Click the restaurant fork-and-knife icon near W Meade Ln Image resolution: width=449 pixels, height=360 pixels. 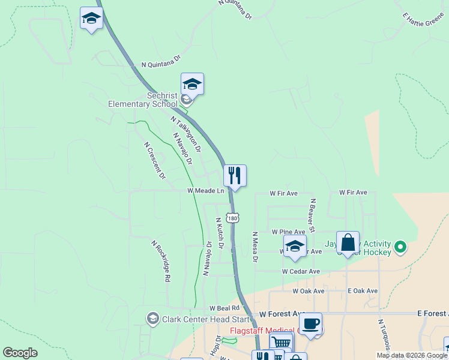coord(235,176)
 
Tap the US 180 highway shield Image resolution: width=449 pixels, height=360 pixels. coord(232,217)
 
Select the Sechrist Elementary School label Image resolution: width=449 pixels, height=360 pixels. coord(143,100)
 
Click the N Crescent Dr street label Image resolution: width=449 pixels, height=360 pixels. coord(154,160)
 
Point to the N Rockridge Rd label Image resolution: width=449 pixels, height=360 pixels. coord(161,262)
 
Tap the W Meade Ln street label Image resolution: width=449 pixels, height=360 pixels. coord(205,191)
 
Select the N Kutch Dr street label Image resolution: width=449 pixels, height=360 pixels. coord(220,233)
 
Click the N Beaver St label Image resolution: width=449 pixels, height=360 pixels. coord(312,214)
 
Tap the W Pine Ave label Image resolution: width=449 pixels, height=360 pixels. coord(288,232)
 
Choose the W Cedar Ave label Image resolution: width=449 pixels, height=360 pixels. coord(301,271)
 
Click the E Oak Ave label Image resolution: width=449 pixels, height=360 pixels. coord(363,291)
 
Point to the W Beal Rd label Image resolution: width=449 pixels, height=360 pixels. coord(220,308)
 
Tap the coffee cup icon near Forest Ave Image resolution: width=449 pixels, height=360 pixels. coord(310,325)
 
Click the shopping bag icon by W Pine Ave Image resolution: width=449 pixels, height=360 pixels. coord(348,243)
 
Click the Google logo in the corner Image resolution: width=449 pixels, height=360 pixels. coord(20,353)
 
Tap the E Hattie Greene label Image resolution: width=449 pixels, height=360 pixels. coord(424,20)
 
